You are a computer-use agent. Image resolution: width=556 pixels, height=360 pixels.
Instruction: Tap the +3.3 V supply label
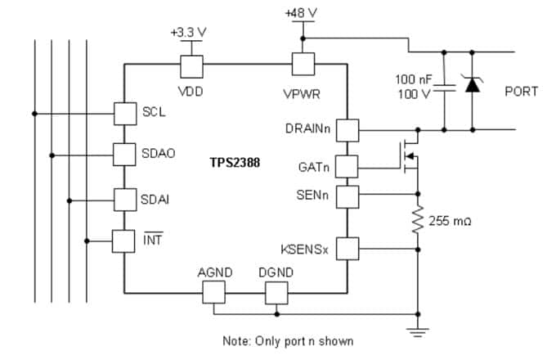pyautogui.click(x=190, y=32)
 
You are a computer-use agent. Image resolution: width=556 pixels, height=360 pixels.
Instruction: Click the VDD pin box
pyautogui.click(x=191, y=66)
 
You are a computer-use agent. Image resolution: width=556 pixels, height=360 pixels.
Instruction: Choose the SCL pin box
pyautogui.click(x=123, y=113)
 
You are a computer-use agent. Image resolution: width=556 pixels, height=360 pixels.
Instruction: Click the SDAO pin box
pyautogui.click(x=123, y=154)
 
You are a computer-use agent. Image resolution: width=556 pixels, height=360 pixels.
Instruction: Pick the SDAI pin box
pyautogui.click(x=123, y=199)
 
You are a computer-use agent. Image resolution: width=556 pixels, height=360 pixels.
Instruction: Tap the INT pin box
pyautogui.click(x=123, y=241)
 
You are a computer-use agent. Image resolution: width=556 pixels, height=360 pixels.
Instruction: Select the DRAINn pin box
pyautogui.click(x=348, y=129)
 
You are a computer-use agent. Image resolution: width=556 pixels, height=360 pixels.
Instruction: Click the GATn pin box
pyautogui.click(x=348, y=167)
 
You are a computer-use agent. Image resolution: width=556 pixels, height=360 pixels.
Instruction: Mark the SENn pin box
pyautogui.click(x=348, y=196)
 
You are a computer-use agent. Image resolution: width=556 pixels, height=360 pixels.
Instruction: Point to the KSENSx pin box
pyautogui.click(x=348, y=248)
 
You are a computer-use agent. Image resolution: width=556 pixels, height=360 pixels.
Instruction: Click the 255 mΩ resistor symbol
pyautogui.click(x=418, y=221)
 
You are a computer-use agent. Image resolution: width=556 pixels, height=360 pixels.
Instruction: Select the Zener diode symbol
pyautogui.click(x=472, y=84)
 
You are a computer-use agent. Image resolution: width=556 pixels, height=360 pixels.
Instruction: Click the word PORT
pyautogui.click(x=521, y=92)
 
